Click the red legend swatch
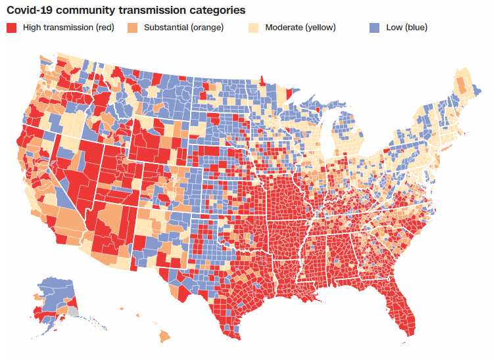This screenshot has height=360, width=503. pyautogui.click(x=11, y=28)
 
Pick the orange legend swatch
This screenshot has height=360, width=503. pyautogui.click(x=132, y=28)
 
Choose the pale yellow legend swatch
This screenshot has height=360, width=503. pyautogui.click(x=253, y=28)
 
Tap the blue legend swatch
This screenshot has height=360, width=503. pyautogui.click(x=374, y=28)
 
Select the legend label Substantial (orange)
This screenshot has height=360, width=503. pyautogui.click(x=183, y=28)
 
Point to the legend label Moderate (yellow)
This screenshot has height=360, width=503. pyautogui.click(x=300, y=28)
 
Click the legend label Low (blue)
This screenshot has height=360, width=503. pyautogui.click(x=406, y=28)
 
